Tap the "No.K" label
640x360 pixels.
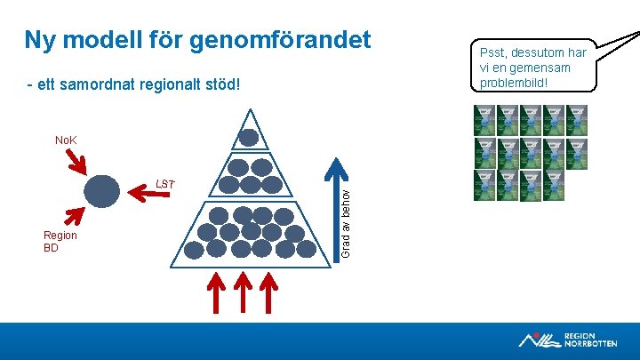click(x=66, y=140)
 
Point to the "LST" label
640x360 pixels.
click(x=165, y=184)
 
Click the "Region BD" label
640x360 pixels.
click(x=60, y=242)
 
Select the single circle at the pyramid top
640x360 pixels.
click(x=250, y=138)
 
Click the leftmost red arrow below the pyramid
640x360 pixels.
click(x=214, y=293)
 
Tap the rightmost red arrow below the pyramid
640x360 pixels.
click(x=270, y=293)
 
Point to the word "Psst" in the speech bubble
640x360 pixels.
click(x=495, y=52)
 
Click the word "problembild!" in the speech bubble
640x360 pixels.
click(x=514, y=83)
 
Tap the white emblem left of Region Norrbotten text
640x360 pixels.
click(x=539, y=339)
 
